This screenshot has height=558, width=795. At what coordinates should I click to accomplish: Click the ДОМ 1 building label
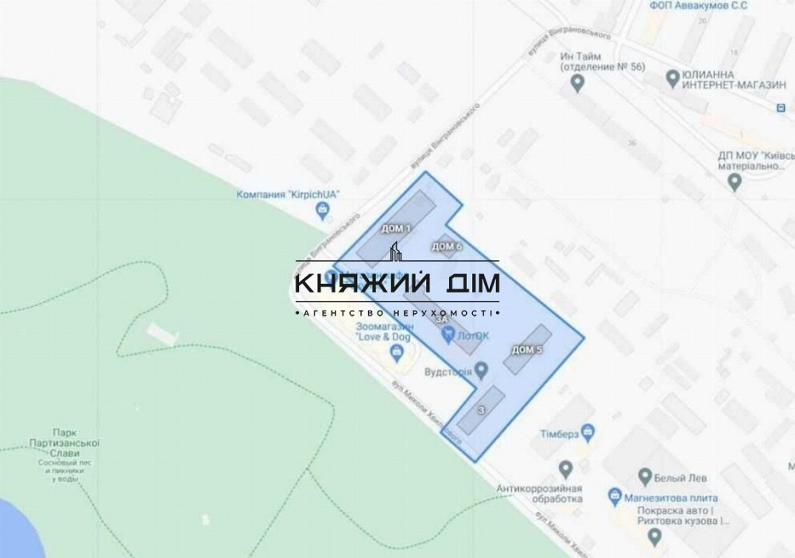click(x=396, y=229)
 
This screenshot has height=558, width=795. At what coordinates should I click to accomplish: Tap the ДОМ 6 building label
click(x=447, y=246)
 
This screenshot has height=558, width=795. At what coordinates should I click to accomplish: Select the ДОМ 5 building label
click(x=527, y=350)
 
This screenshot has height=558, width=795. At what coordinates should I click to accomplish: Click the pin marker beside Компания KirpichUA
click(x=322, y=211)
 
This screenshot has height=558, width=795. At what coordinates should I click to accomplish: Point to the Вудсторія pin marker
click(x=481, y=370)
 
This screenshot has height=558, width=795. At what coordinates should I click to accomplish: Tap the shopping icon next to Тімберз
click(x=588, y=432)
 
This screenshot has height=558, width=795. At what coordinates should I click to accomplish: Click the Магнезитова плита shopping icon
click(x=615, y=495)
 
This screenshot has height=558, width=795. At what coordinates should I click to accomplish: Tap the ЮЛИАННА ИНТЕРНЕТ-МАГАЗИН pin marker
click(x=673, y=78)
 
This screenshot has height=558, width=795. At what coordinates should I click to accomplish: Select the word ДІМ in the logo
click(x=472, y=284)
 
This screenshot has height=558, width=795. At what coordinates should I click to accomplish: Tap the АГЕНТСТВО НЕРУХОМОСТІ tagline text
click(x=397, y=315)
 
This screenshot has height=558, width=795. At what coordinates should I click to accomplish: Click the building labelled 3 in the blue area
click(x=481, y=410)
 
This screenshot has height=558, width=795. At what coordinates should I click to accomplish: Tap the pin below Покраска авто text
click(x=654, y=539)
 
